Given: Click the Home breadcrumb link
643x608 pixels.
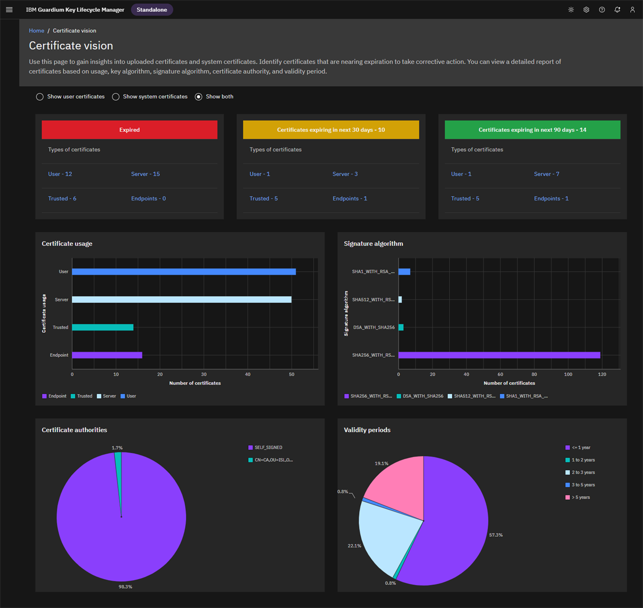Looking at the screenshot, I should pyautogui.click(x=36, y=31).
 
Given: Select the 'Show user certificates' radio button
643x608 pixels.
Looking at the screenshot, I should pyautogui.click(x=40, y=97).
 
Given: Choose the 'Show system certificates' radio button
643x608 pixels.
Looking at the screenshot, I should pyautogui.click(x=116, y=97).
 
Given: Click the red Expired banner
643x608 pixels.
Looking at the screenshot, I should pyautogui.click(x=129, y=130).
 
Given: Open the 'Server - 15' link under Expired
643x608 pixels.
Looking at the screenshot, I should pyautogui.click(x=145, y=174).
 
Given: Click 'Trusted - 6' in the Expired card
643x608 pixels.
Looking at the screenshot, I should pyautogui.click(x=62, y=199).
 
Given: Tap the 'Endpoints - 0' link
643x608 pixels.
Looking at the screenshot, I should pyautogui.click(x=148, y=199).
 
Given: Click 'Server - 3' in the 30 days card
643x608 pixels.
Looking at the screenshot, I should pyautogui.click(x=345, y=174).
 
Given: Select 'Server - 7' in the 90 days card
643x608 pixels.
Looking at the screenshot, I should pyautogui.click(x=547, y=174).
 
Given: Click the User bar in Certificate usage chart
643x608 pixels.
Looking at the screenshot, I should pyautogui.click(x=184, y=272).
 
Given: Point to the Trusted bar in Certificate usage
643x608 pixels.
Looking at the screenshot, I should pyautogui.click(x=102, y=327).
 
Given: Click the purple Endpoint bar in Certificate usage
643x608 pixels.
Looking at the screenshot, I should pyautogui.click(x=107, y=355).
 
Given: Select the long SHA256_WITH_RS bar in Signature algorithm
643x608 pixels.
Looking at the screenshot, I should pyautogui.click(x=499, y=355).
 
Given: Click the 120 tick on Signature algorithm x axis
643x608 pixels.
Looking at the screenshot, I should pyautogui.click(x=602, y=374).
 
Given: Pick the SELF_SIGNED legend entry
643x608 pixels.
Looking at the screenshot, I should pyautogui.click(x=268, y=447).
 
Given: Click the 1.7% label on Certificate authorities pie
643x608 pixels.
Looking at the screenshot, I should pyautogui.click(x=117, y=448).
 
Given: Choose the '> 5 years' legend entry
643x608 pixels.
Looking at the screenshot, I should pyautogui.click(x=580, y=498).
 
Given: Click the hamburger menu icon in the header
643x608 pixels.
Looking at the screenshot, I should pyautogui.click(x=9, y=10).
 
